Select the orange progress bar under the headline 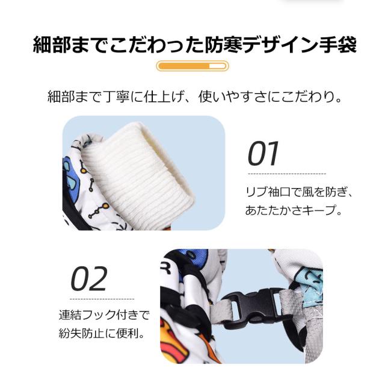click(x=192, y=66)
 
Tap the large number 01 click(x=264, y=154)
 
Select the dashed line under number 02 click(x=102, y=298)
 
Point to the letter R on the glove click(x=165, y=270)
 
